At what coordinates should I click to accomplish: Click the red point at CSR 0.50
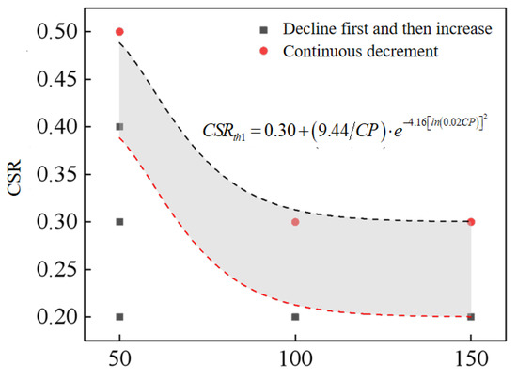[x=119, y=32]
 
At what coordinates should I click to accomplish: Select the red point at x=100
[x=295, y=222]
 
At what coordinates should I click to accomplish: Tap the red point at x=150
[x=471, y=222]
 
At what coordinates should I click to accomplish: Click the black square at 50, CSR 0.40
[x=119, y=127]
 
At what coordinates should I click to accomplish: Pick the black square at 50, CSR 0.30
[x=119, y=222]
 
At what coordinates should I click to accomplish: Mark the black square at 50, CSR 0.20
[x=119, y=317]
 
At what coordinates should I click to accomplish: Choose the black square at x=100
[x=295, y=317]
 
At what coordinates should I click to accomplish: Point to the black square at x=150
[x=471, y=317]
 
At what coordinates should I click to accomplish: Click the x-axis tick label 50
[x=119, y=362]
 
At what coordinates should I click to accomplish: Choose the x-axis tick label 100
[x=295, y=362]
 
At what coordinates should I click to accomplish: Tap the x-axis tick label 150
[x=471, y=362]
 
